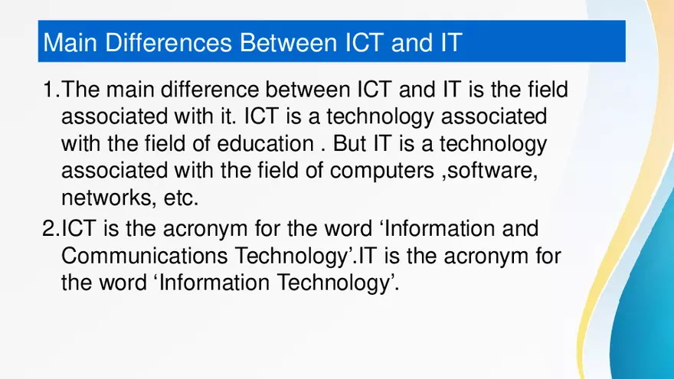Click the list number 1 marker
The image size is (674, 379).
48,90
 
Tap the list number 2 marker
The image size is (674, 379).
48,228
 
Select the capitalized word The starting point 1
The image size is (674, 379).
80,90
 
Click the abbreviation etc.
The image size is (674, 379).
181,198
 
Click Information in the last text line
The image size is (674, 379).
198,283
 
